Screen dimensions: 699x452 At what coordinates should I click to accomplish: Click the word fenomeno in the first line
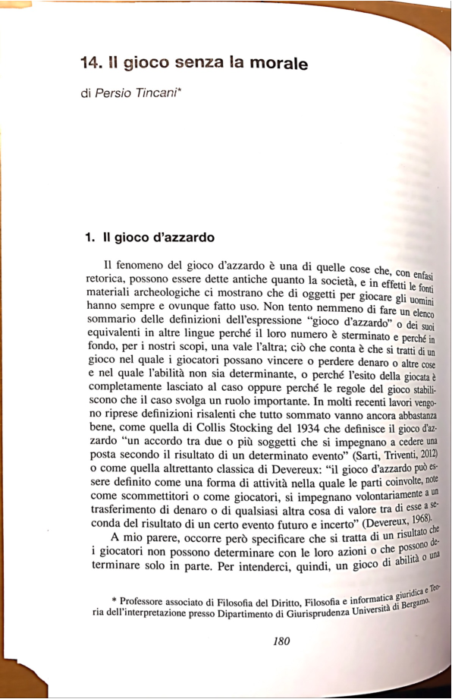coord(146,265)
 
